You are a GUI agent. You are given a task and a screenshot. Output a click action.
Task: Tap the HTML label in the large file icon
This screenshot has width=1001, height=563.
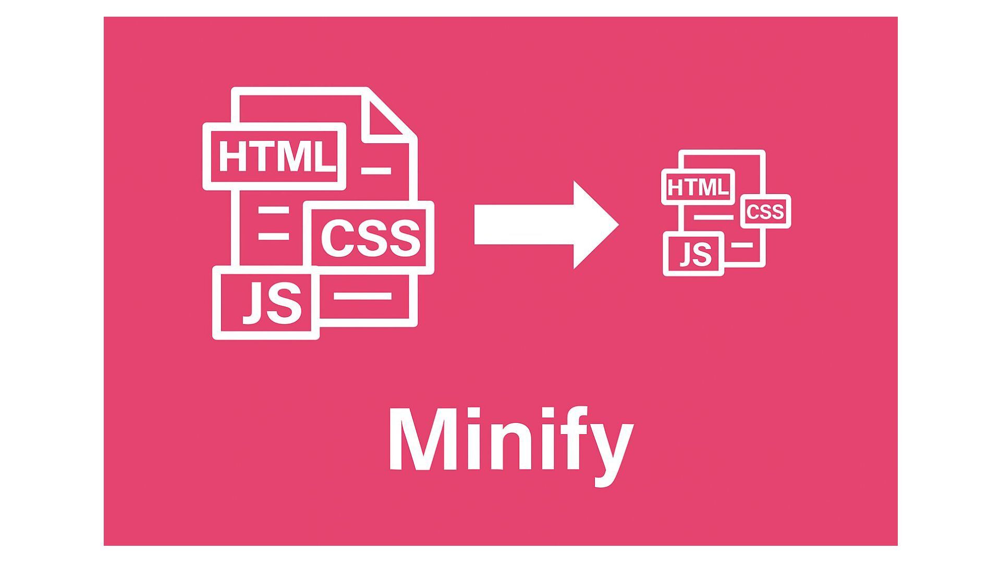click(x=275, y=156)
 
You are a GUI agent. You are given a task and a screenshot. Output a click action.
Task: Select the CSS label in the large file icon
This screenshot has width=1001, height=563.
click(x=371, y=238)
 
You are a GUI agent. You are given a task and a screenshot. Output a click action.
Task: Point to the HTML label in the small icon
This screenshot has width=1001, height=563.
click(x=698, y=187)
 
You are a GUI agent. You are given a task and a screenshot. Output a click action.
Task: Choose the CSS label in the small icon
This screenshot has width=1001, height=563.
click(x=765, y=212)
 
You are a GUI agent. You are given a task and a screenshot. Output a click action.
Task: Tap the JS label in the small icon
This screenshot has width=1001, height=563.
click(x=696, y=254)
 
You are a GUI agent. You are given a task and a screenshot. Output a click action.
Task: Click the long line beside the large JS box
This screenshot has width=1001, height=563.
click(x=362, y=296)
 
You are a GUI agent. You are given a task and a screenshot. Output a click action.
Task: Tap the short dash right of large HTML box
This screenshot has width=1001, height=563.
click(x=376, y=170)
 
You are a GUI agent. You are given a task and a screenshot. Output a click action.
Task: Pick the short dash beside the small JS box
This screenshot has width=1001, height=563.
click(x=742, y=245)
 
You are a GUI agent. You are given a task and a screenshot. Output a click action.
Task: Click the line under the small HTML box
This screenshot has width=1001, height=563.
click(x=713, y=217)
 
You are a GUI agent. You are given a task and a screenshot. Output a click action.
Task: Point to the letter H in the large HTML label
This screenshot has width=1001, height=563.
click(x=233, y=156)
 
